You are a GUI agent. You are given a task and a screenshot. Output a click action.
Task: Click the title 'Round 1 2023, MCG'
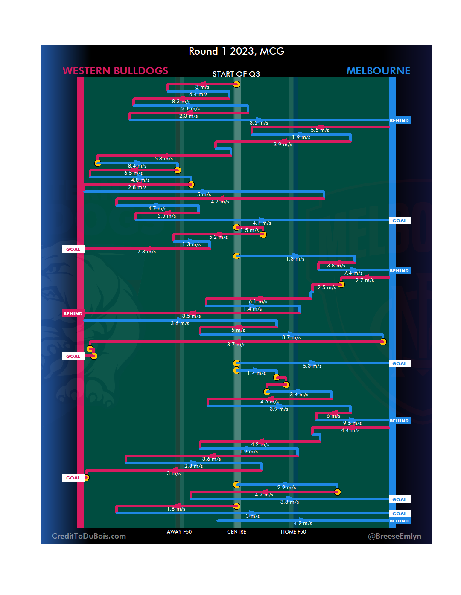click(236, 52)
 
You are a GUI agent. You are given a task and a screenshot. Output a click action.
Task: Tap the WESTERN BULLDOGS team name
click(115, 71)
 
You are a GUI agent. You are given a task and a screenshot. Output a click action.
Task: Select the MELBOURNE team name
click(378, 71)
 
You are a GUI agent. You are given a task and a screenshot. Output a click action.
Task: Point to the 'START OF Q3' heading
click(236, 74)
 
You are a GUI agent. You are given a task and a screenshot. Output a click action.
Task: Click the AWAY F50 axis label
click(179, 532)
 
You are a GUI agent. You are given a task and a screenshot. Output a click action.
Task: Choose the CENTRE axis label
click(236, 532)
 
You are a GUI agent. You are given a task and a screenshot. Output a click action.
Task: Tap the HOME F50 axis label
click(293, 532)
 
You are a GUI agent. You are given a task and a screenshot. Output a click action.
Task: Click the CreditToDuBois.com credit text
click(89, 536)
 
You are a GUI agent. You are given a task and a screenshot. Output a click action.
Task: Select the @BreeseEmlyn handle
click(394, 536)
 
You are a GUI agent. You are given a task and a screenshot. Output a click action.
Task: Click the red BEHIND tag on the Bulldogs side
click(73, 313)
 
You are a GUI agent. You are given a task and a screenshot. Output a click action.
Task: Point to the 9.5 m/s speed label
click(352, 423)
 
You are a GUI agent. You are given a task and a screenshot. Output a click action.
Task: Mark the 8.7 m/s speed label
click(291, 337)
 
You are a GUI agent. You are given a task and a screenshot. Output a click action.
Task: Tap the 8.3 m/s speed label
click(181, 102)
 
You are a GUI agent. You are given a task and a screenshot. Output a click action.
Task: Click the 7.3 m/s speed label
click(146, 252)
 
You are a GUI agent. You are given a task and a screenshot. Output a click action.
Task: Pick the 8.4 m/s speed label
click(137, 166)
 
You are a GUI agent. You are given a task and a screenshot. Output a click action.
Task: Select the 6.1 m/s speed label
click(258, 302)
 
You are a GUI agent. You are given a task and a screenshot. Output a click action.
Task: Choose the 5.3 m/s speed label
click(312, 366)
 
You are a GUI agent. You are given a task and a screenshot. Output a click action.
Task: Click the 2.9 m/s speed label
click(286, 488)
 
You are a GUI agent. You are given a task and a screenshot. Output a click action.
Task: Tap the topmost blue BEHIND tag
click(399, 121)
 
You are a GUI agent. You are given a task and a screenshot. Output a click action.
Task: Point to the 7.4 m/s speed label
click(353, 273)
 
